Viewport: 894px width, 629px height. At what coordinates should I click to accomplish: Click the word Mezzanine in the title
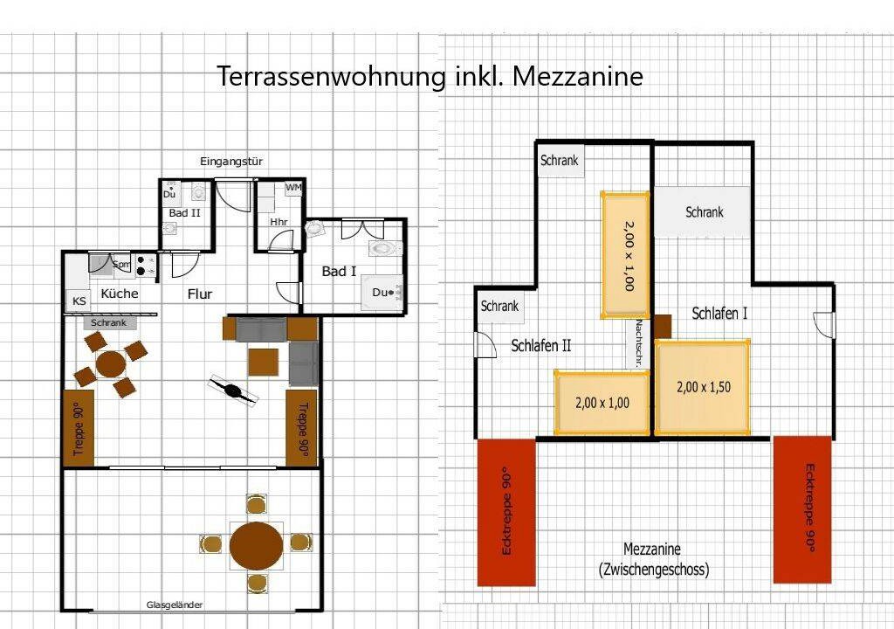point(578,76)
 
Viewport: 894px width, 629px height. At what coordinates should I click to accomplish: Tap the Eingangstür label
point(230,162)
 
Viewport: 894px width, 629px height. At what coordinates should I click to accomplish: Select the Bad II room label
point(185,213)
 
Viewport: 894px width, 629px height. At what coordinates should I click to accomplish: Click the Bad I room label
point(340,271)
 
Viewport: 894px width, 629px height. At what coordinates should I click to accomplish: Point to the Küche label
point(120,294)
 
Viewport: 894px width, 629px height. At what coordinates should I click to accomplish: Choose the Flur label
point(200,294)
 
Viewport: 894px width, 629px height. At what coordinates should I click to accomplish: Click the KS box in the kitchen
point(79,301)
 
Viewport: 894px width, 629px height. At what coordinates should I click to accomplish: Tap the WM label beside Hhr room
point(293,187)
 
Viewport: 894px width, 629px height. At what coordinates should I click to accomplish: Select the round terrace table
point(257,545)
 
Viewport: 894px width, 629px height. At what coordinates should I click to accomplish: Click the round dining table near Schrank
point(111,363)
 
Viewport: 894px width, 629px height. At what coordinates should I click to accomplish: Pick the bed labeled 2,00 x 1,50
point(703,387)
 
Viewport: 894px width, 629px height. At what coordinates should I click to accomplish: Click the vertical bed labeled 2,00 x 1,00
point(625,254)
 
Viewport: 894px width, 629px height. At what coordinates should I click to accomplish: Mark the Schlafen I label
point(719,314)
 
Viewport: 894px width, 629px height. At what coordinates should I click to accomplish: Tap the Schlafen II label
point(540,345)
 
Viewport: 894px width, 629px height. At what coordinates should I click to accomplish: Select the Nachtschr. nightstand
point(640,342)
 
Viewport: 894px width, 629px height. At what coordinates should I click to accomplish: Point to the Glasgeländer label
point(175,605)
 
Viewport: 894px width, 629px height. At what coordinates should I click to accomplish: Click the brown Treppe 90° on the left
point(78,428)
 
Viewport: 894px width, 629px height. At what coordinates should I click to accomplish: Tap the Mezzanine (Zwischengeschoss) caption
point(653,559)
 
